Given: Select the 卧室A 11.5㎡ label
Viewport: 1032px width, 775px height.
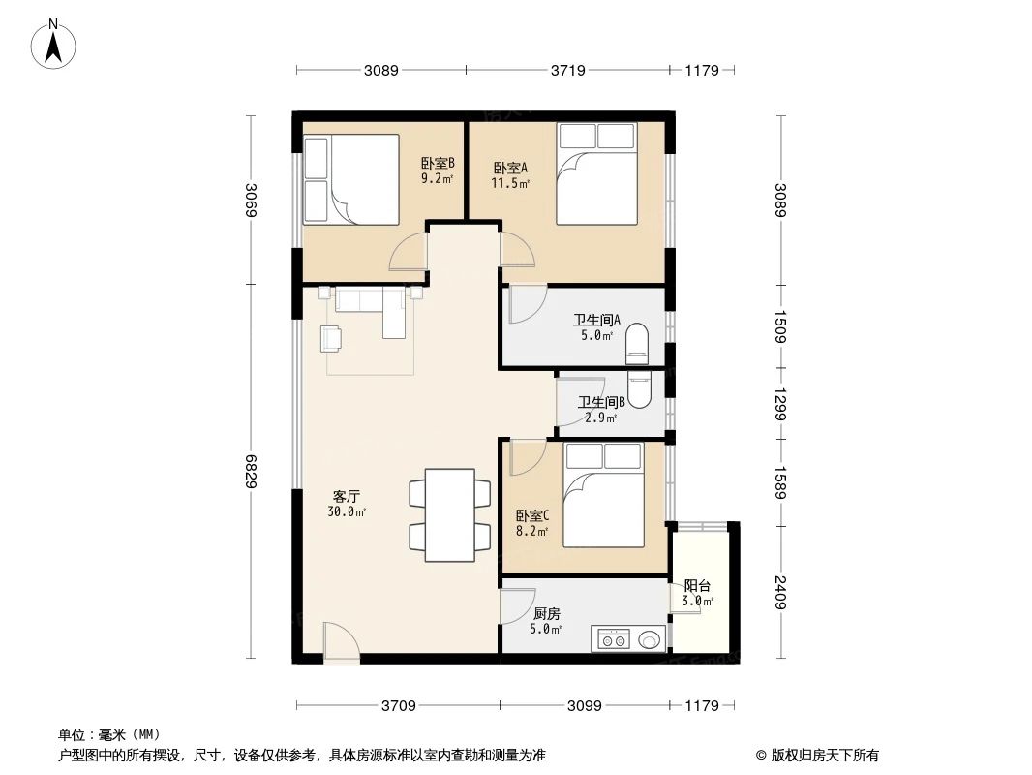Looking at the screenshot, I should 510,174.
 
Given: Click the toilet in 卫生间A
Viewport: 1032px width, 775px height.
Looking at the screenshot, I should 637,342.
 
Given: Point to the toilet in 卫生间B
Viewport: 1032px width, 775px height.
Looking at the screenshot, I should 640,387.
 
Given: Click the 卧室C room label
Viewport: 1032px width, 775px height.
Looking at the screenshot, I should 532,523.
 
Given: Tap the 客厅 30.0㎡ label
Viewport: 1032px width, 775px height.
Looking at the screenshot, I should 349,503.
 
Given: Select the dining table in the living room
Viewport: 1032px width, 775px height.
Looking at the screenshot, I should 451,514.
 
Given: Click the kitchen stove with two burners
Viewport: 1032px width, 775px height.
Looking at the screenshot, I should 613,639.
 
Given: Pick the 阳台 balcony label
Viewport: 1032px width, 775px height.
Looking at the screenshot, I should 697,593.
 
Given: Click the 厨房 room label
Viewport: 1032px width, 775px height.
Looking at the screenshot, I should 546,620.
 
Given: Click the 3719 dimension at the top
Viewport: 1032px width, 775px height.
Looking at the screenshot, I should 568,70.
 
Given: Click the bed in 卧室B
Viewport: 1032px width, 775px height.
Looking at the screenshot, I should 351,179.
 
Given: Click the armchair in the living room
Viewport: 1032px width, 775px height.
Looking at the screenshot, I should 331,338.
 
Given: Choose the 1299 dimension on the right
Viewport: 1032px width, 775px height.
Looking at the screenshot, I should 781,405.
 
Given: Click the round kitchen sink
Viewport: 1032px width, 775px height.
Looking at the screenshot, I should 650,639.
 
